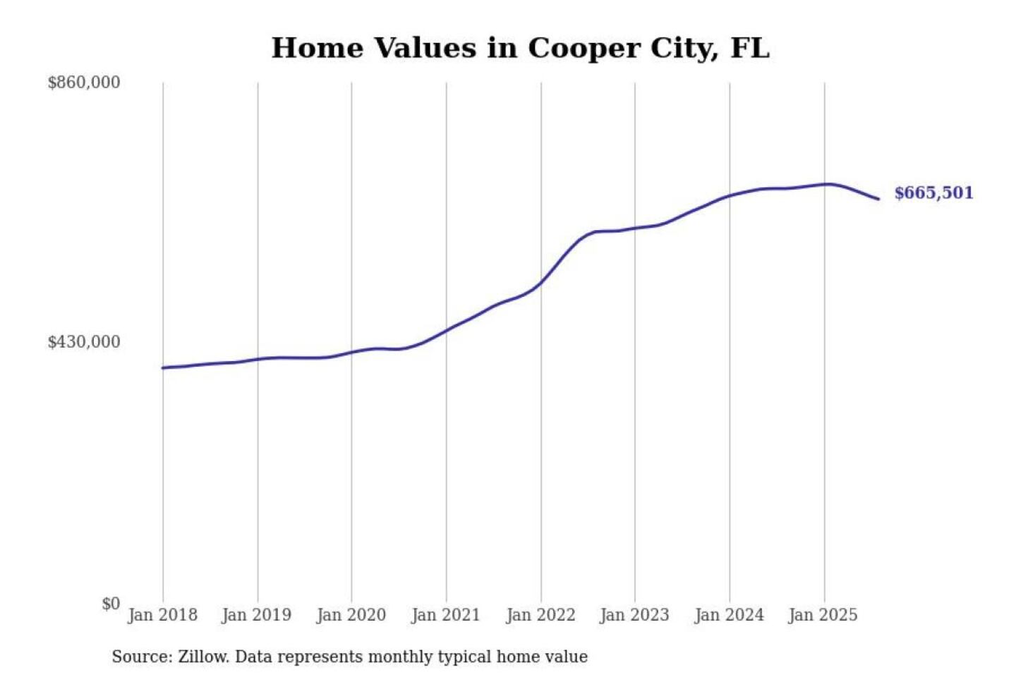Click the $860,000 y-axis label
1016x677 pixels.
[83, 83]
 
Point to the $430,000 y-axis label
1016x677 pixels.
[83, 342]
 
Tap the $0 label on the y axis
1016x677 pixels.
[110, 604]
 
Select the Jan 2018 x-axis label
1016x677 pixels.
[162, 615]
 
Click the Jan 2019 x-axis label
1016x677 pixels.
[256, 615]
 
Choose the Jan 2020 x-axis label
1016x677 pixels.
[351, 615]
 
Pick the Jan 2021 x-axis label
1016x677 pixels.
[445, 615]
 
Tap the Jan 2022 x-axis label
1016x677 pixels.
[540, 615]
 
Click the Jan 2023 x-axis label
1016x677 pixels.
[634, 615]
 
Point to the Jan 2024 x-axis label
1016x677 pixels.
[729, 615]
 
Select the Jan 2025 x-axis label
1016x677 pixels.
[823, 615]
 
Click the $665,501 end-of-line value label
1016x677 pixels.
[933, 193]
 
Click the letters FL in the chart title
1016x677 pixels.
[750, 48]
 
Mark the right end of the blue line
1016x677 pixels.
[878, 199]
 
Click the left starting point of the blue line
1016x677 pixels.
[163, 367]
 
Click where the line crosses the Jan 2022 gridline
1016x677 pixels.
[541, 283]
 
